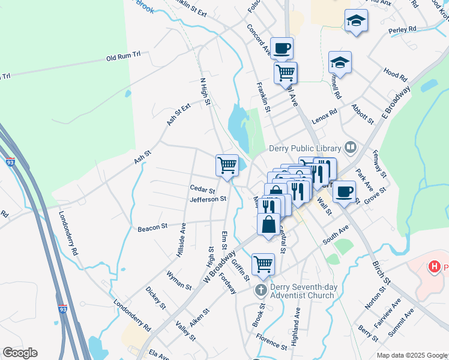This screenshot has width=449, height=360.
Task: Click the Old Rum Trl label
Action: [x=123, y=57]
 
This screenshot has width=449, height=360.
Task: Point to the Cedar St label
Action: [x=202, y=190]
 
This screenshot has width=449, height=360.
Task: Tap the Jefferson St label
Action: [x=208, y=199]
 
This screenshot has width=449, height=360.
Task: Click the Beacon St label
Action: [x=152, y=228]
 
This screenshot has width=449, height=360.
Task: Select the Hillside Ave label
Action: [x=181, y=241]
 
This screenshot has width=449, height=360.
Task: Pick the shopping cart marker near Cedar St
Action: [x=228, y=164]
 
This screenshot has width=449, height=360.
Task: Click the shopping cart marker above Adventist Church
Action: [x=263, y=263]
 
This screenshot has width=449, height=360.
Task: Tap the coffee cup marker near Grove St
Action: [x=344, y=192]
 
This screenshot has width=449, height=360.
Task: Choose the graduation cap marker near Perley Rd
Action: [x=356, y=20]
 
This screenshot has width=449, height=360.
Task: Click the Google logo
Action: [x=20, y=353]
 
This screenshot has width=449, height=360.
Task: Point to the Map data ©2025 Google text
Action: [x=412, y=355]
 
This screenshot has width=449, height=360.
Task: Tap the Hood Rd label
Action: [x=395, y=75]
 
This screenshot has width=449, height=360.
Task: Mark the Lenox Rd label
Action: [x=325, y=113]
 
